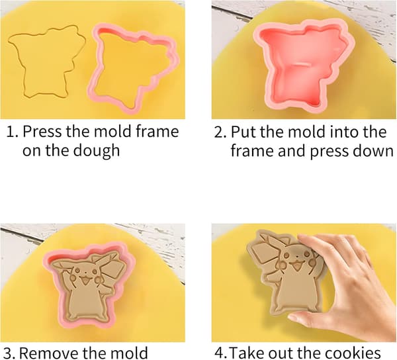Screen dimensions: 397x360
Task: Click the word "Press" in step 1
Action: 42,132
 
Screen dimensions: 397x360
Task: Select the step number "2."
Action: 220,132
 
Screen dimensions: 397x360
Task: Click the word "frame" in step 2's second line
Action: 252,151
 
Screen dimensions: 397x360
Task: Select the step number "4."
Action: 221,353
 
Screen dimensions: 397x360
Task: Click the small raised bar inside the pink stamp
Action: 302,64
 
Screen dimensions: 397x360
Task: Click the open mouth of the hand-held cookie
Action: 295,266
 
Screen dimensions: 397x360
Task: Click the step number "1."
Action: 12,132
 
